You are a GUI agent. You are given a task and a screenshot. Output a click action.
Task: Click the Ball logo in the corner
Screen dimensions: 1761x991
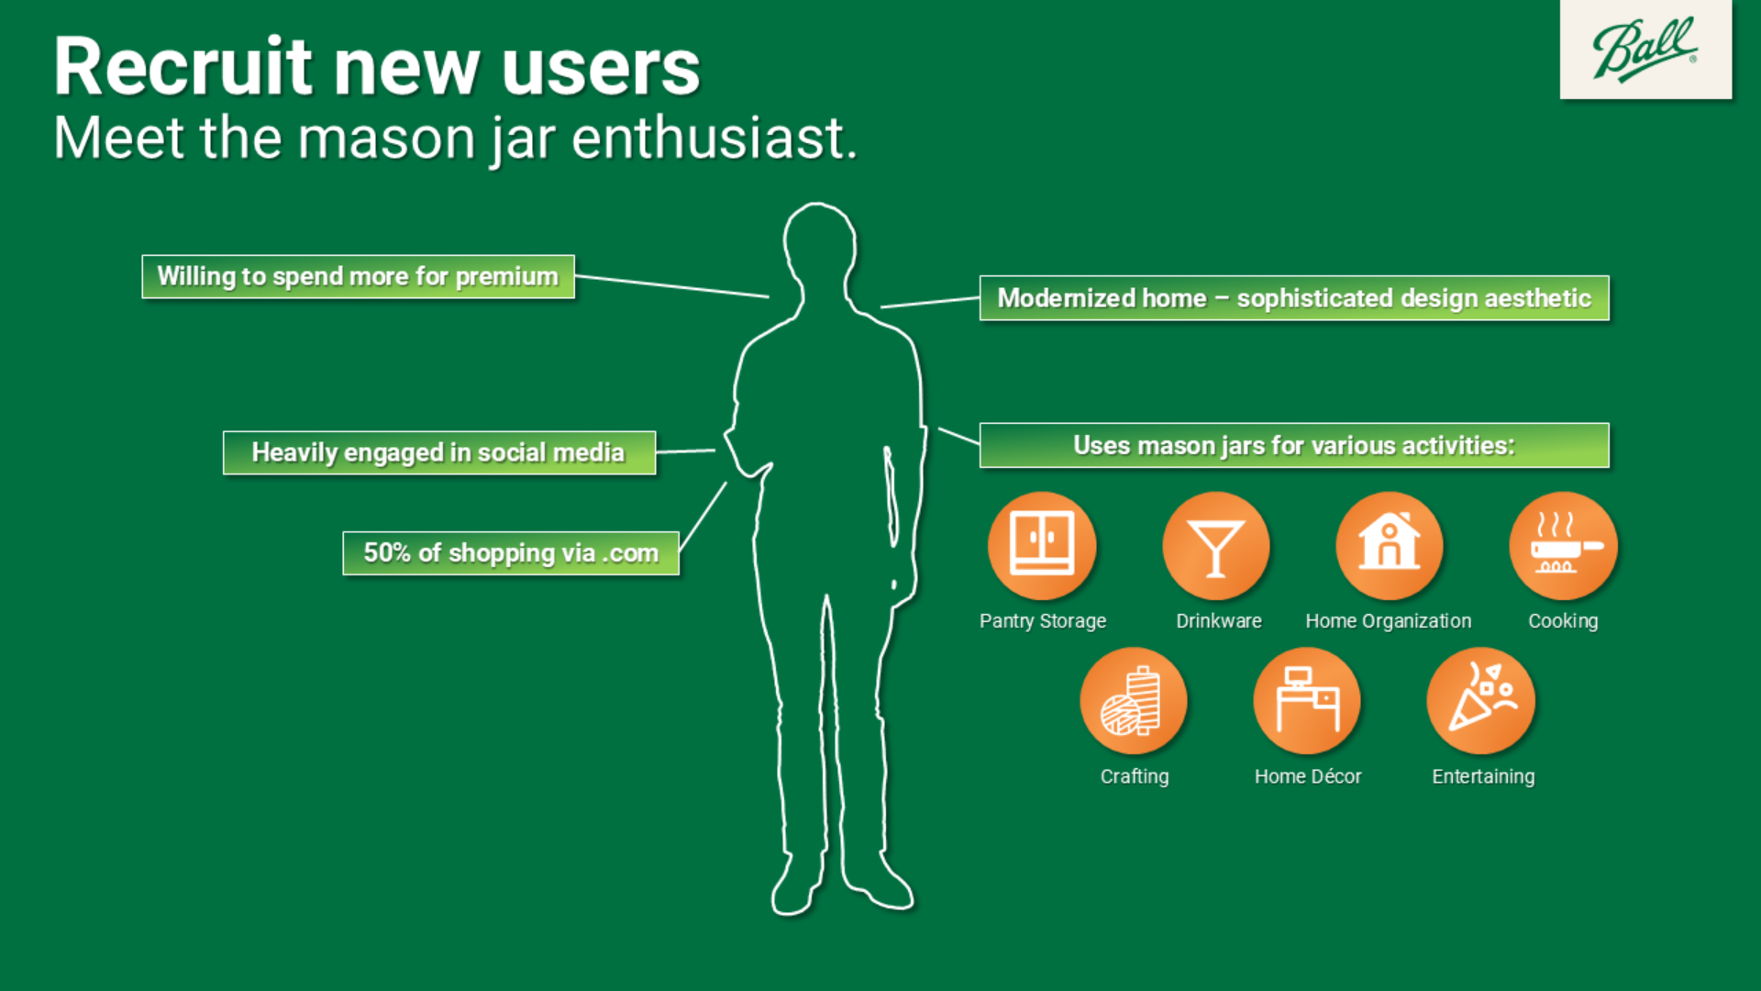point(1645,50)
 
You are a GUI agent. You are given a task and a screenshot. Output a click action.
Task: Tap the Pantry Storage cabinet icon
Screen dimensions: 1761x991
point(1042,545)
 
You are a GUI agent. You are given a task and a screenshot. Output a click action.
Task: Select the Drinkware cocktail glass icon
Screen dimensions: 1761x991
point(1216,545)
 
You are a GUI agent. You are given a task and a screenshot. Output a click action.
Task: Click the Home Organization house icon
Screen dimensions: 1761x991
point(1390,545)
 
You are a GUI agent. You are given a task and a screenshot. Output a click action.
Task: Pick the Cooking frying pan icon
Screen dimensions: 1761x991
point(1563,545)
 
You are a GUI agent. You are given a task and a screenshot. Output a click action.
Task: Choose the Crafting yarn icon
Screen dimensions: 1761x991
point(1134,701)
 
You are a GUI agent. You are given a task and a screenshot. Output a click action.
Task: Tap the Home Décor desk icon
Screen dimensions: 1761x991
point(1307,701)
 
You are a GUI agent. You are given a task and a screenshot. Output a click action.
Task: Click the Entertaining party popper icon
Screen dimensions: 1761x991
point(1480,701)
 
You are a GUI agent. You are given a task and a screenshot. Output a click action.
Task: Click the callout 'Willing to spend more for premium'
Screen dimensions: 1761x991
point(359,276)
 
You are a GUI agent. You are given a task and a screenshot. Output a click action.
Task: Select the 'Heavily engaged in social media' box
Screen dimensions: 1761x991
point(439,452)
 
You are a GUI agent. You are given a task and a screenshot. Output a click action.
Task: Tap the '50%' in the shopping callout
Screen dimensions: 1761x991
point(387,552)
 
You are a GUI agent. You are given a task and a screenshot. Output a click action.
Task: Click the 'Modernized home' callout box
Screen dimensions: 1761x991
point(1294,298)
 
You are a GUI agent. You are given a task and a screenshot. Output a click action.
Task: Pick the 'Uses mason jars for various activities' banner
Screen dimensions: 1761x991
point(1294,445)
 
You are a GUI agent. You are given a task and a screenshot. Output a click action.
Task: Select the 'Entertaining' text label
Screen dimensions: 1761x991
point(1483,776)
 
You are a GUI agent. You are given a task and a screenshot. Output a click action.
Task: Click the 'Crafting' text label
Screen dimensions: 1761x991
point(1135,777)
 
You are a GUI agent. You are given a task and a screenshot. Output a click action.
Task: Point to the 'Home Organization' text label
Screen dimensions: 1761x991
point(1389,621)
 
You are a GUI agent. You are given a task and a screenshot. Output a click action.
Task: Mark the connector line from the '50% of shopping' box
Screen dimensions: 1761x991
point(703,517)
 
